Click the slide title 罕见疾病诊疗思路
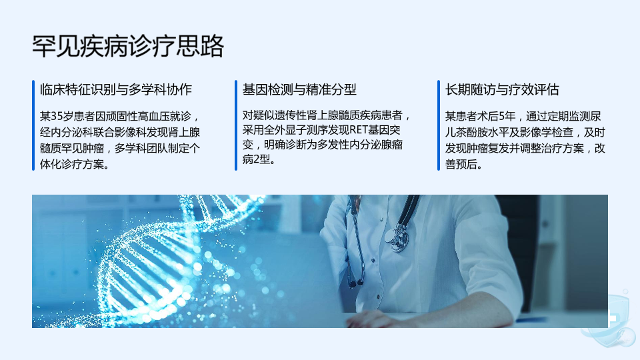pos(128,46)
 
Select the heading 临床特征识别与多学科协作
pos(116,89)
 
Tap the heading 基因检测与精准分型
pos(299,89)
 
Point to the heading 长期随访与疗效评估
pos(501,89)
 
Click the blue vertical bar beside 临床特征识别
pos(33,125)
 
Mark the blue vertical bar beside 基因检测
pos(236,125)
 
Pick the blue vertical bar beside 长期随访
pos(439,125)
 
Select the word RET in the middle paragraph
pos(359,130)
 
